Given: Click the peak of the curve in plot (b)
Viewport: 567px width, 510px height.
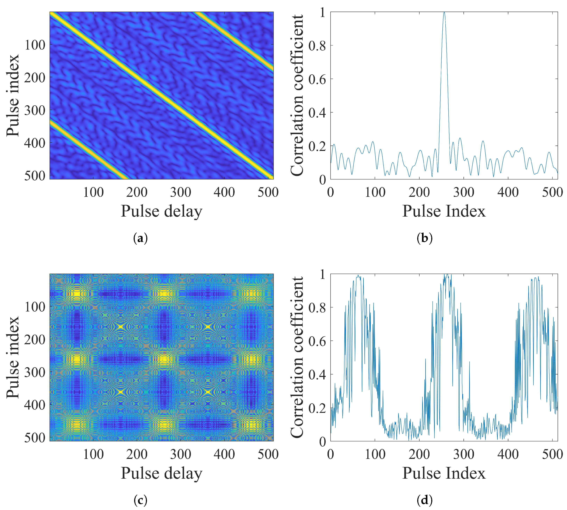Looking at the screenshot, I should [444, 13].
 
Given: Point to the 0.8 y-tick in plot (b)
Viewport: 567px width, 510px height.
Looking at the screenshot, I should [317, 45].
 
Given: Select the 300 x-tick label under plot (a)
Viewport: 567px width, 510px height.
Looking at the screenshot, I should [181, 192].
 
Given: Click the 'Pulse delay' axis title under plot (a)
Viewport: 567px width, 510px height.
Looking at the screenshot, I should [161, 211].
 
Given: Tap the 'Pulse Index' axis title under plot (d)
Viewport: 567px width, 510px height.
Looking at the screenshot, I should [444, 473].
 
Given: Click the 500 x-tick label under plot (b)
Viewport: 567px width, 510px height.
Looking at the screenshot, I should [552, 192].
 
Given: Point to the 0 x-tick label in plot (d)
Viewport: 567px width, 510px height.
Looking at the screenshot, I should [331, 454].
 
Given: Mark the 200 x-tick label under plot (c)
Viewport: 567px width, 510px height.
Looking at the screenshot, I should [137, 454].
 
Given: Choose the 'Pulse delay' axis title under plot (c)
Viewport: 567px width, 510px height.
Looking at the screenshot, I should [161, 473].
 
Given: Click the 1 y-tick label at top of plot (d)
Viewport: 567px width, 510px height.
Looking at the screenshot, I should [323, 275].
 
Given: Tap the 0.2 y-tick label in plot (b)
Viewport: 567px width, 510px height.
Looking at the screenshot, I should [317, 146].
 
